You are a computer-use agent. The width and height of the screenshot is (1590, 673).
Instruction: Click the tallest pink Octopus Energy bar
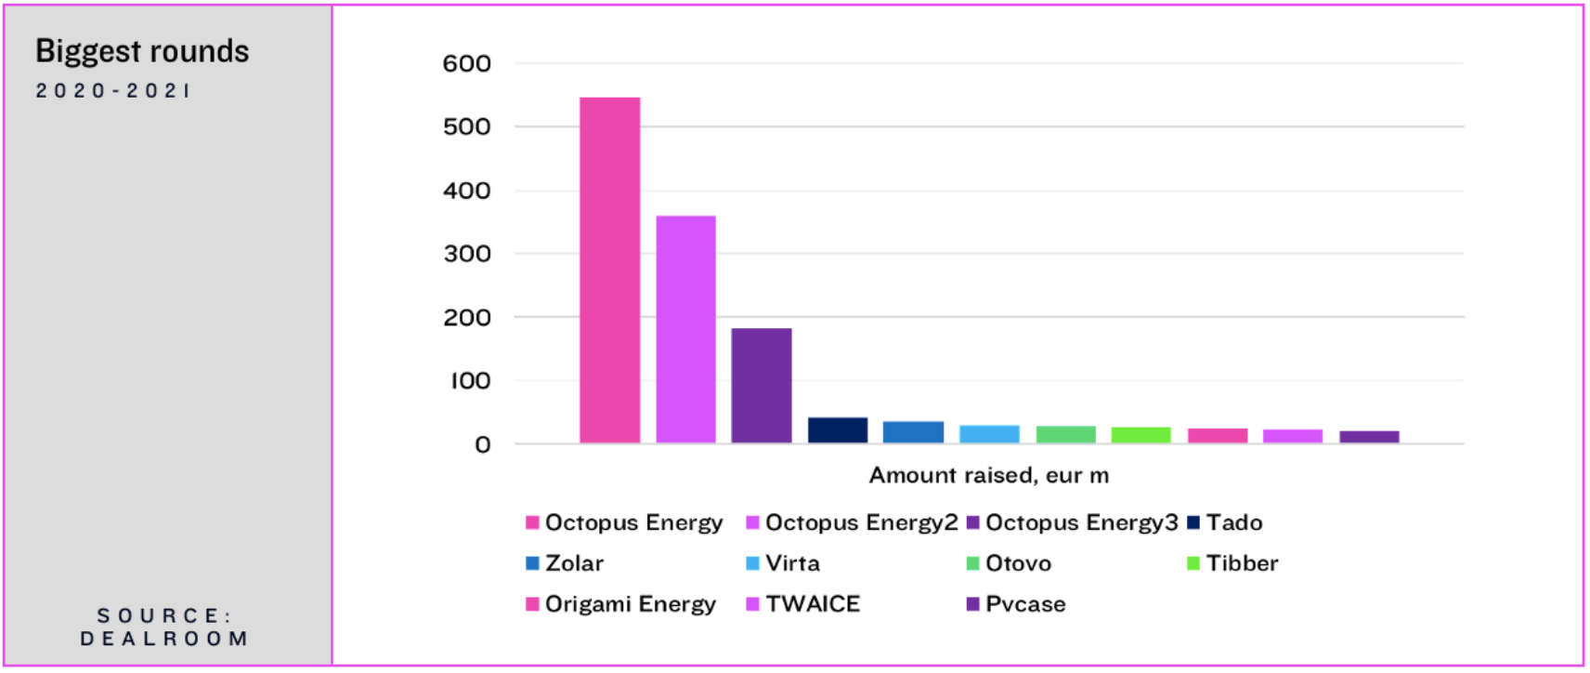coord(610,271)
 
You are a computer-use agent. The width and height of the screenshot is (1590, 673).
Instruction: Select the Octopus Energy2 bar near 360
coord(685,329)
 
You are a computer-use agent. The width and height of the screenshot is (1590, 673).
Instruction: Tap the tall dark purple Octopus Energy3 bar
coord(762,386)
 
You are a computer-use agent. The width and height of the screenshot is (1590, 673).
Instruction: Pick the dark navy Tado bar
coord(838,430)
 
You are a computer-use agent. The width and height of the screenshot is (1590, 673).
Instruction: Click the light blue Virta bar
coord(989,434)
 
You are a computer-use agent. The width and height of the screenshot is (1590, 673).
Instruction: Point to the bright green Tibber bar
coord(1141,435)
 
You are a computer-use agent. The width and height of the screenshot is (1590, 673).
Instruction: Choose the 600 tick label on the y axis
coord(466,64)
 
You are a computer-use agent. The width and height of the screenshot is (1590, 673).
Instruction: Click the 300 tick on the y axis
coord(466,254)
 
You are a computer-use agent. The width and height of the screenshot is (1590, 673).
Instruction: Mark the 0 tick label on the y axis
coord(483,445)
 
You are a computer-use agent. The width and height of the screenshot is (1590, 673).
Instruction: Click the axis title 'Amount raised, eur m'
coord(989,475)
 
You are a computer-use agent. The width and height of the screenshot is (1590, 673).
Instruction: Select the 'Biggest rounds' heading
coord(142,52)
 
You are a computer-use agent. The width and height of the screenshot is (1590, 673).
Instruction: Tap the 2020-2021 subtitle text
coord(113,91)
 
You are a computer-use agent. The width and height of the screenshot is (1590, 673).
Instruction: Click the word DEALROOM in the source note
coord(164,639)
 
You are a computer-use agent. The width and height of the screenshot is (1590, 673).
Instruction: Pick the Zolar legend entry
coord(565,563)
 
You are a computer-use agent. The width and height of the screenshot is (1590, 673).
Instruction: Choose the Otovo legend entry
coord(1009,563)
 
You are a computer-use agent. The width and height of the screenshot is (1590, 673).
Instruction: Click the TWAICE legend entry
coord(802,604)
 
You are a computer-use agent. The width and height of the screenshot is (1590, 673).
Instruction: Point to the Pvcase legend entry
coord(1016,604)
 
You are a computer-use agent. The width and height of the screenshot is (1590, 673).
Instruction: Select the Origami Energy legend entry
coord(620,604)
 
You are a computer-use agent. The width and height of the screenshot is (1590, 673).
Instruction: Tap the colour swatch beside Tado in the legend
coord(1193,523)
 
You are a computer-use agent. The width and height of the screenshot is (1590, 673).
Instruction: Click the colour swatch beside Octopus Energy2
coord(752,523)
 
